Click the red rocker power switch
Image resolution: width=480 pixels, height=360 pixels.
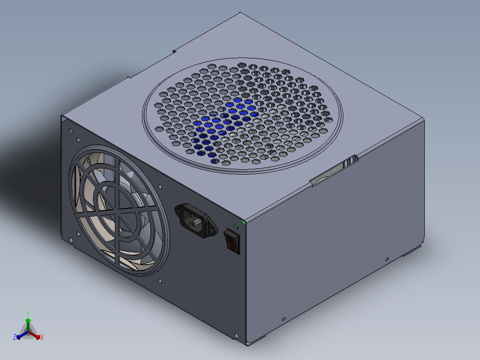pos(232,242)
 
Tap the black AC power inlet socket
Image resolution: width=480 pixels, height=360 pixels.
pos(196,221)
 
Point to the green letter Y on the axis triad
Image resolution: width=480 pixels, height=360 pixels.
pos(28,313)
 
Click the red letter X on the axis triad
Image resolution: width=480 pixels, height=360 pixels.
pos(42,337)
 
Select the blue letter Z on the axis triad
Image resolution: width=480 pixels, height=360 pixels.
pos(14,337)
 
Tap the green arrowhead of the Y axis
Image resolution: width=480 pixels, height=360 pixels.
pos(28,320)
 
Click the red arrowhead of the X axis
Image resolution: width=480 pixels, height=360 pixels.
pos(38,337)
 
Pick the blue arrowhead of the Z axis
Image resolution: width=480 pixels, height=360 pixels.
pos(18,337)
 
